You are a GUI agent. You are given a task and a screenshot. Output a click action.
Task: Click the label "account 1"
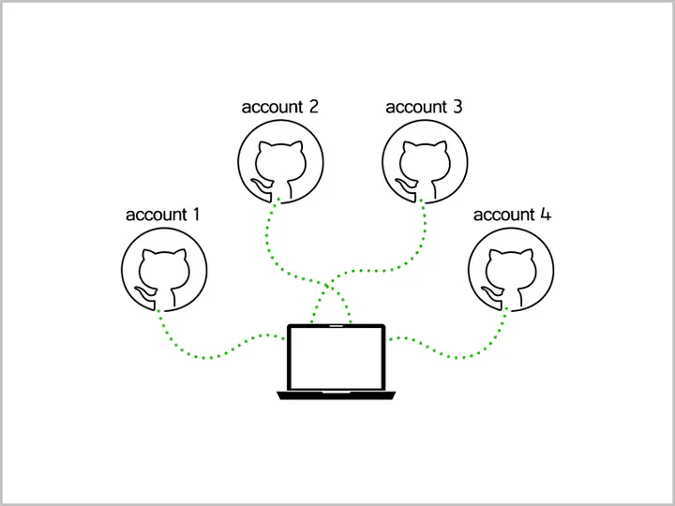(163, 215)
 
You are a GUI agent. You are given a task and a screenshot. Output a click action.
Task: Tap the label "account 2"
(279, 107)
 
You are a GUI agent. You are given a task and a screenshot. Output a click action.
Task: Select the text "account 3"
(424, 107)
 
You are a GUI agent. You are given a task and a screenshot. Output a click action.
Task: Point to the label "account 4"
(512, 215)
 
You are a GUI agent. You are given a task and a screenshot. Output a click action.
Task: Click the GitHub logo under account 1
(164, 270)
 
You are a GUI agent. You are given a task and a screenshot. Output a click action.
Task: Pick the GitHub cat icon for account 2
(280, 161)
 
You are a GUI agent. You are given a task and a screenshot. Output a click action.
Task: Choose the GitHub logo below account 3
(425, 161)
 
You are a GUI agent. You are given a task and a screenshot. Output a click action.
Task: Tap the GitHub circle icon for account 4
(511, 270)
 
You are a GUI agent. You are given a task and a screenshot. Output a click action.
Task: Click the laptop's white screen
(337, 358)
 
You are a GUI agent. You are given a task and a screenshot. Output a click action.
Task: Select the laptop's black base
(337, 395)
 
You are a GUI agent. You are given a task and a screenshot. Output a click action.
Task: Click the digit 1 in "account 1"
(196, 215)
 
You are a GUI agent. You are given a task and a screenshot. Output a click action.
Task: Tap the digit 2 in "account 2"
(313, 107)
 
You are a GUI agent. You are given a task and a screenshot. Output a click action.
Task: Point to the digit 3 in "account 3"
(457, 107)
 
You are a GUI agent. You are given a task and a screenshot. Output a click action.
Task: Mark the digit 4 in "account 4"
(546, 215)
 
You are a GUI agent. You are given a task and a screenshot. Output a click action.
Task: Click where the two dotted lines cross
(327, 286)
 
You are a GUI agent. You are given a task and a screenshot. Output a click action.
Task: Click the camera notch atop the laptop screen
(337, 326)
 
